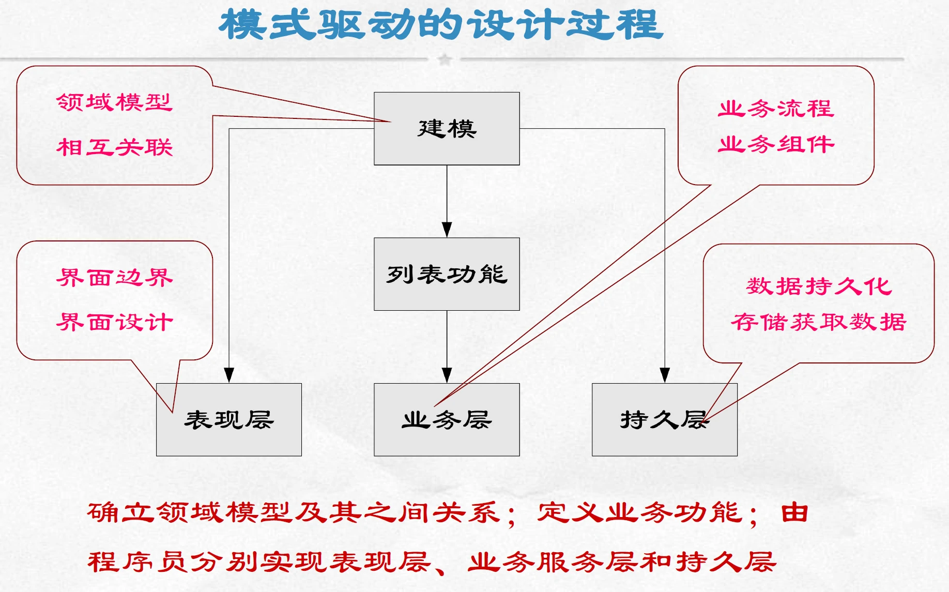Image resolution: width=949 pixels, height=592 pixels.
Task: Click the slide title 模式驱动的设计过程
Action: click(441, 25)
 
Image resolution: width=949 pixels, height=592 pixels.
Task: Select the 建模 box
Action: click(447, 129)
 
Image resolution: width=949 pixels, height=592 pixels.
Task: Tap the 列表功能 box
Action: click(447, 274)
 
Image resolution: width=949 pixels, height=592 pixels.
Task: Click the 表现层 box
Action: click(228, 420)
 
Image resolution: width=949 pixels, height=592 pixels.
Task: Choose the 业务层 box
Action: click(447, 420)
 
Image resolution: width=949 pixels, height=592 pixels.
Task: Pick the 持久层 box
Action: click(664, 420)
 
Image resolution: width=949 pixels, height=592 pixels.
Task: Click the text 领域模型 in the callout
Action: click(114, 102)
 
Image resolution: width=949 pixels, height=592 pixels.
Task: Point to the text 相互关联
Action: click(114, 147)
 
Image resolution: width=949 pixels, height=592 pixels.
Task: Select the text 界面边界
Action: click(114, 278)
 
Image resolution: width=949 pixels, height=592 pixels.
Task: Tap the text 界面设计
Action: click(114, 322)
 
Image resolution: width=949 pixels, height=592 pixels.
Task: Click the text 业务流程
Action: click(776, 109)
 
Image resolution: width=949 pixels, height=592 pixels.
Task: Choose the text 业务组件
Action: click(776, 144)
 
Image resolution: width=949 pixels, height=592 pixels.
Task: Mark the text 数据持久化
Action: click(819, 286)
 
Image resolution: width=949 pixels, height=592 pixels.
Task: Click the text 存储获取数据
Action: click(819, 322)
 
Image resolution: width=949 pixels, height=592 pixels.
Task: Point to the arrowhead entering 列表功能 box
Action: click(447, 230)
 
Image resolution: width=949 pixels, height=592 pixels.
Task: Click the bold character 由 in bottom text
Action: click(794, 512)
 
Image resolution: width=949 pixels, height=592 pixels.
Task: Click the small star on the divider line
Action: click(445, 59)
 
